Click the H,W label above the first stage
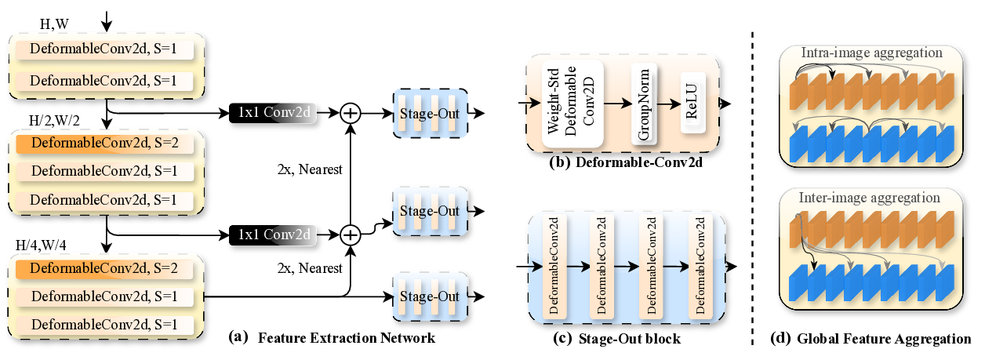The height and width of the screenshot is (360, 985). pos(54,25)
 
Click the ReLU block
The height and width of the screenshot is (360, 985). pos(691,104)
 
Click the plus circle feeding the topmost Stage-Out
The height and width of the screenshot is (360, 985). pos(350,113)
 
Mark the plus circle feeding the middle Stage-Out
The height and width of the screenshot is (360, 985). pos(350,233)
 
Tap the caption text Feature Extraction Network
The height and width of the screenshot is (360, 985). pos(346,339)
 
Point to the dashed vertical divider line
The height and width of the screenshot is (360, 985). pos(754,180)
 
